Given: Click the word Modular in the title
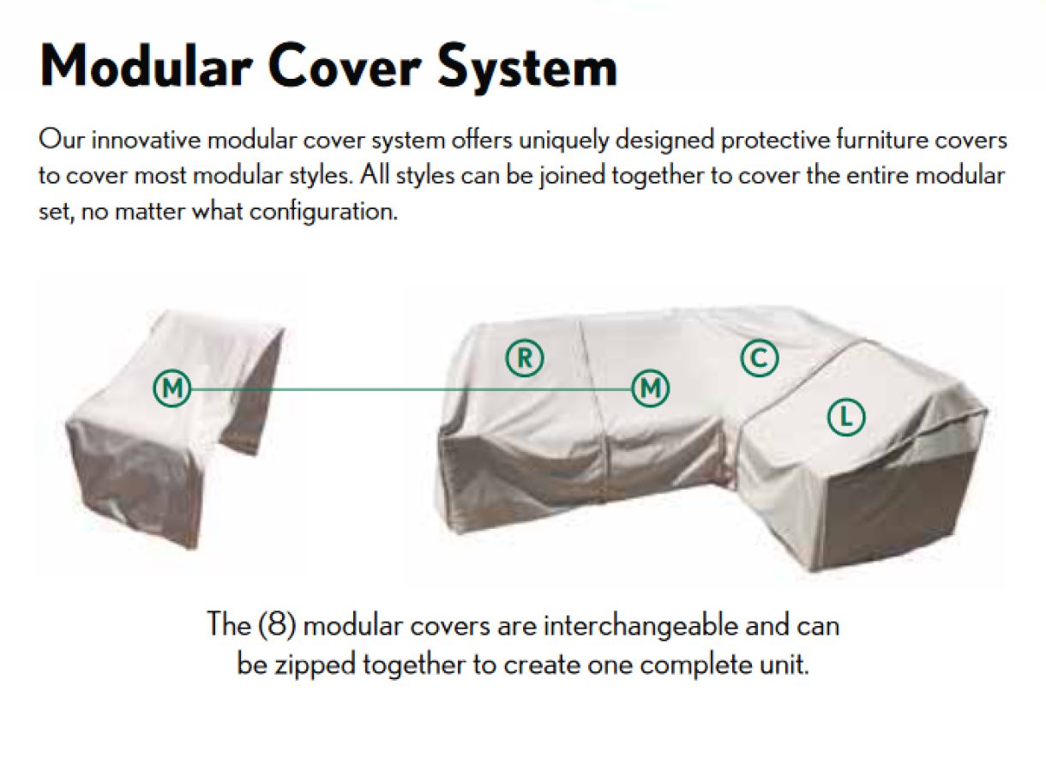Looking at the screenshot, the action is click(x=147, y=65).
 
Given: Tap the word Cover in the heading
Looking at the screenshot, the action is click(x=343, y=65).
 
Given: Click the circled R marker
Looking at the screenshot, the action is click(x=525, y=358).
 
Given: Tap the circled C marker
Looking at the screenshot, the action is click(x=760, y=358).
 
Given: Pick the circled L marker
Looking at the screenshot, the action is click(x=846, y=417).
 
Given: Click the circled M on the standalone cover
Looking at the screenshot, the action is click(x=172, y=388).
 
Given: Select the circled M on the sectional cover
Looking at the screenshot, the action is click(x=651, y=388).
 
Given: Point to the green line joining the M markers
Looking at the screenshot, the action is click(x=412, y=388).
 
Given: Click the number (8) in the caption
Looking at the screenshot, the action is click(x=277, y=624).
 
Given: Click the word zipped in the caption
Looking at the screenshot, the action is click(x=315, y=665).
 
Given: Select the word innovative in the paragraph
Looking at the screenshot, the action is click(x=146, y=141).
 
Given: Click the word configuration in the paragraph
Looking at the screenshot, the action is click(x=323, y=212).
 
